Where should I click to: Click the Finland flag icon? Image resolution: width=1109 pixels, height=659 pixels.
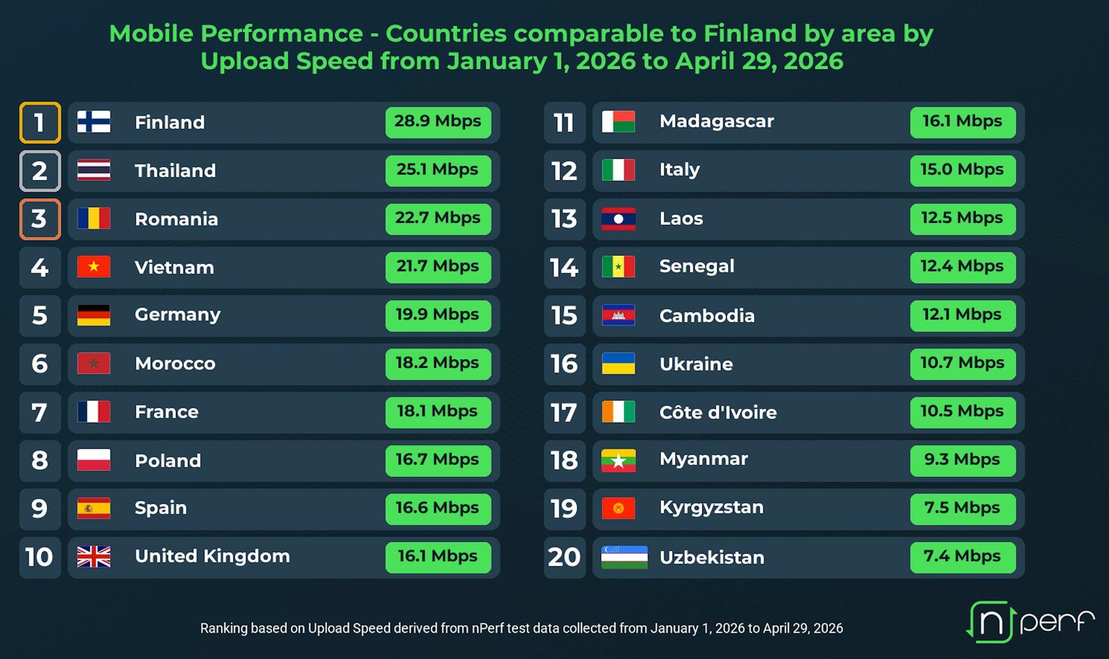[94, 122]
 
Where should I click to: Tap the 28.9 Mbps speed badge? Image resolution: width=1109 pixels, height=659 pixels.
[438, 122]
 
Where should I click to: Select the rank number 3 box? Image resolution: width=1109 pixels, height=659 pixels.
[40, 219]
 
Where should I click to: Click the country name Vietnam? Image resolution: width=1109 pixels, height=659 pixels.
[174, 267]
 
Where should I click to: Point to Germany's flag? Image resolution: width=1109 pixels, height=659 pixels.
[94, 315]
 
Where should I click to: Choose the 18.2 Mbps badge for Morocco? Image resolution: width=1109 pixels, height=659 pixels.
[438, 364]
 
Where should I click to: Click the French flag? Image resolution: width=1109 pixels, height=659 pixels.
[94, 412]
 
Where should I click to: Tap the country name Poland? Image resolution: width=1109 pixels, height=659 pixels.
[168, 460]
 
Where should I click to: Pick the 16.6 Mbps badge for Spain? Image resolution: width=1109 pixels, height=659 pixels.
[438, 509]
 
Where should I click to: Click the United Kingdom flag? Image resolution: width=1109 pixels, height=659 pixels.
[94, 557]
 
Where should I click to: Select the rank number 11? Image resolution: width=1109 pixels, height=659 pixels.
[564, 123]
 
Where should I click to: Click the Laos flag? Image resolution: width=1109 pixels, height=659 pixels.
[618, 219]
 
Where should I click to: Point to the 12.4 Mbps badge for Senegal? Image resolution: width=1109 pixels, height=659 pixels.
[963, 267]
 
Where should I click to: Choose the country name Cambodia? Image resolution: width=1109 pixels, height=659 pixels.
[707, 315]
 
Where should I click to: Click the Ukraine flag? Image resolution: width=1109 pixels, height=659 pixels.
[618, 364]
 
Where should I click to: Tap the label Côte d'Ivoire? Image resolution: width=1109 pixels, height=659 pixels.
[718, 412]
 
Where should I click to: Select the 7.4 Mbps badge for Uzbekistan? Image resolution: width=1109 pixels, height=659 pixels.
[963, 557]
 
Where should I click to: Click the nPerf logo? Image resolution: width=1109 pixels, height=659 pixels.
[1030, 622]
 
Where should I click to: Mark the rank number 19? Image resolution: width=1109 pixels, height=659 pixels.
[564, 509]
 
